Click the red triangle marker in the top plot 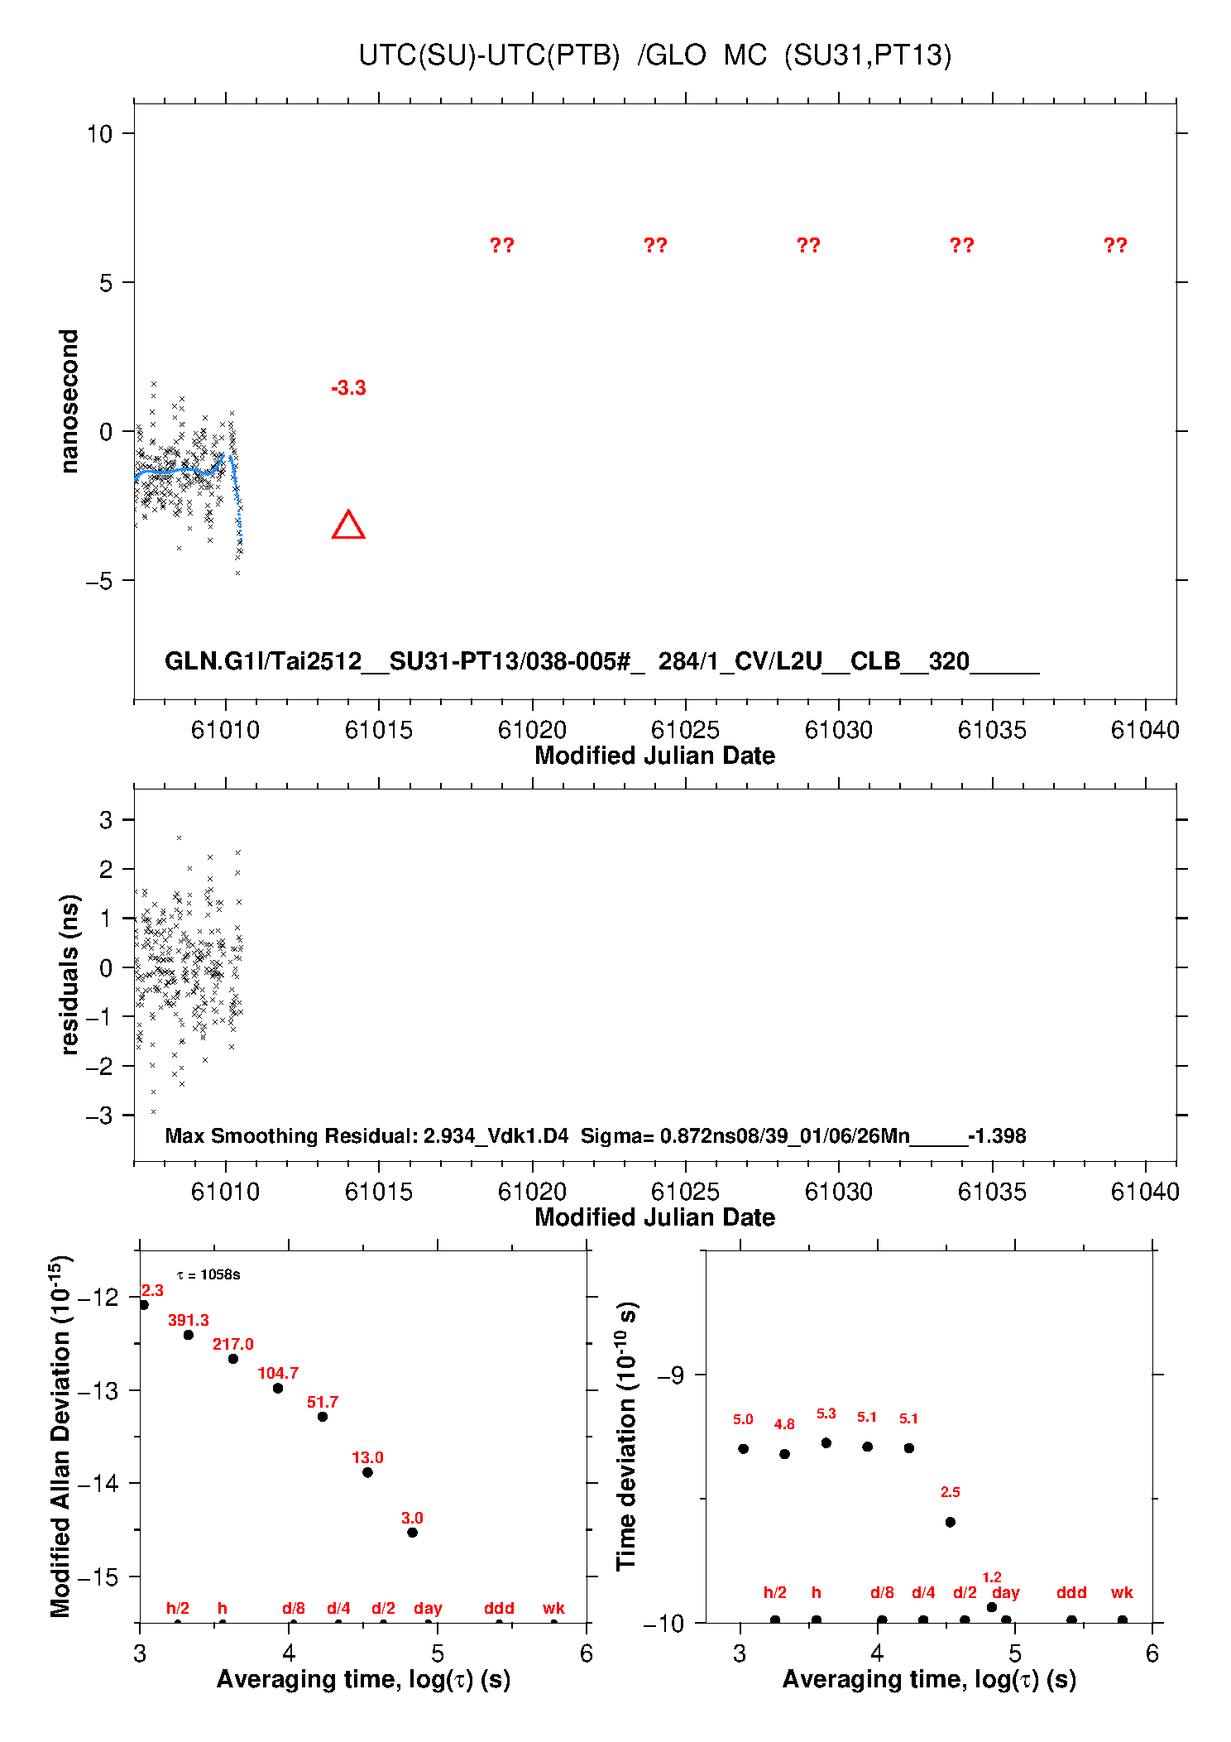[x=348, y=526]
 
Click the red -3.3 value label [x=348, y=388]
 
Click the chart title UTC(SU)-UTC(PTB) [x=489, y=55]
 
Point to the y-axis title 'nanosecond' [x=69, y=401]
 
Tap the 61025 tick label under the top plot [x=685, y=730]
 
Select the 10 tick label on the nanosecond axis [x=99, y=133]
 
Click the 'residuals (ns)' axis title [x=69, y=974]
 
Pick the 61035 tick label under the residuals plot [x=992, y=1192]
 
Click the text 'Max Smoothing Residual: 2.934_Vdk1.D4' [x=366, y=1135]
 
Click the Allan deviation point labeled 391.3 [x=189, y=1335]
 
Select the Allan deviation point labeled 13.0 [x=367, y=1472]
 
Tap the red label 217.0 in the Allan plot [x=233, y=1344]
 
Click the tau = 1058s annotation [x=208, y=1274]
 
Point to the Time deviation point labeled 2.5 [x=951, y=1522]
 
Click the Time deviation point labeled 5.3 [x=826, y=1442]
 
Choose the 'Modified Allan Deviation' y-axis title [x=60, y=1436]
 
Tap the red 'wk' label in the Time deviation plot [x=1122, y=1592]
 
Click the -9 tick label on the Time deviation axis [x=670, y=1375]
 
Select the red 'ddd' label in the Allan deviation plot [x=499, y=1608]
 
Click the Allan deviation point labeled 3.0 [x=412, y=1532]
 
